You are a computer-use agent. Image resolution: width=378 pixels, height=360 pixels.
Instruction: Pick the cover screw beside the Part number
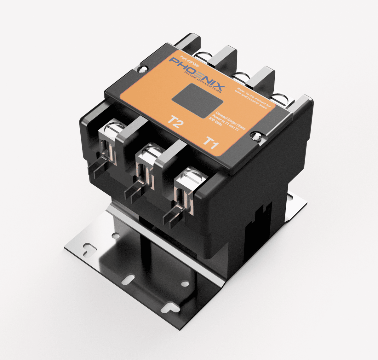pos(144,68)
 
